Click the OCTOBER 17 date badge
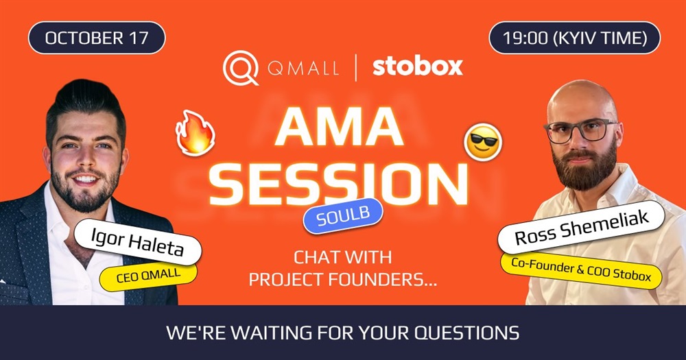(x=97, y=38)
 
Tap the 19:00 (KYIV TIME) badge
(x=574, y=38)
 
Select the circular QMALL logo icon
(x=240, y=68)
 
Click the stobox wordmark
(x=417, y=67)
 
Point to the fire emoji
(x=195, y=132)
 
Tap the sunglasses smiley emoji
(x=483, y=142)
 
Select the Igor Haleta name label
(x=137, y=242)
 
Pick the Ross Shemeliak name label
(x=581, y=228)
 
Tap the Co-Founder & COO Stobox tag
(x=581, y=269)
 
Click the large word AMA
(x=339, y=126)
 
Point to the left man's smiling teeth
(x=86, y=179)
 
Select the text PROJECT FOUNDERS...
(x=343, y=280)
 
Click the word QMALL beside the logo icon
(x=304, y=69)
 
